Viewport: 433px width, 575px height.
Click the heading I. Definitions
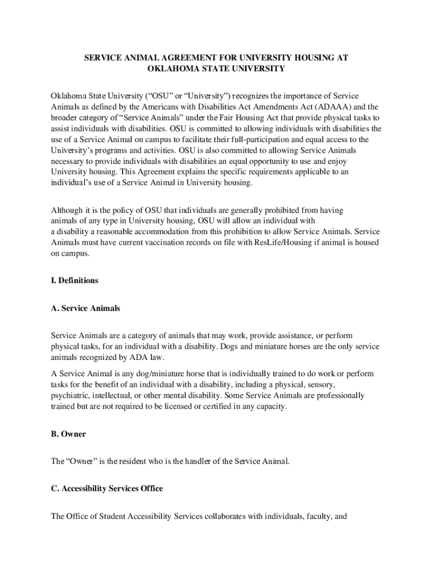pyautogui.click(x=75, y=280)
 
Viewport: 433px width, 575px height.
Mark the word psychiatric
pyautogui.click(x=70, y=395)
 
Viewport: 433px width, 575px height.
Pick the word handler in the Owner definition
pyautogui.click(x=204, y=462)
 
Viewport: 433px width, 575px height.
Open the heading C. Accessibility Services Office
pyautogui.click(x=107, y=489)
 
